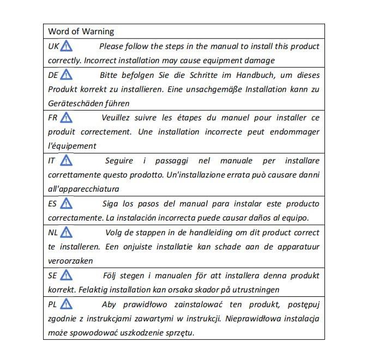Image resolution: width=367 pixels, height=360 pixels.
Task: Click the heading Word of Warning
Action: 81,32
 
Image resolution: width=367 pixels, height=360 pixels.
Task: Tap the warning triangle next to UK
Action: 66,46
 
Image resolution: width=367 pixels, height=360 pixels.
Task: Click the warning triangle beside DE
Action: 66,75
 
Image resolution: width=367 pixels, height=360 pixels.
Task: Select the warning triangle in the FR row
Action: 66,117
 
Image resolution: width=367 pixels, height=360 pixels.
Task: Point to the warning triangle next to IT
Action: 66,160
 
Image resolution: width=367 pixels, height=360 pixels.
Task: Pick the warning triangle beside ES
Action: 66,203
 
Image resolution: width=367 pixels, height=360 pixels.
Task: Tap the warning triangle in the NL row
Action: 67,232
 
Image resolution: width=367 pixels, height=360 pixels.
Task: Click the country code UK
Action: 53,46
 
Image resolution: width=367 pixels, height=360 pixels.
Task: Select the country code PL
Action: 53,304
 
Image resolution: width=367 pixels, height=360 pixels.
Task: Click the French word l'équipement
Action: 72,146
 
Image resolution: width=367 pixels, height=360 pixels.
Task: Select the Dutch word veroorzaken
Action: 70,261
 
